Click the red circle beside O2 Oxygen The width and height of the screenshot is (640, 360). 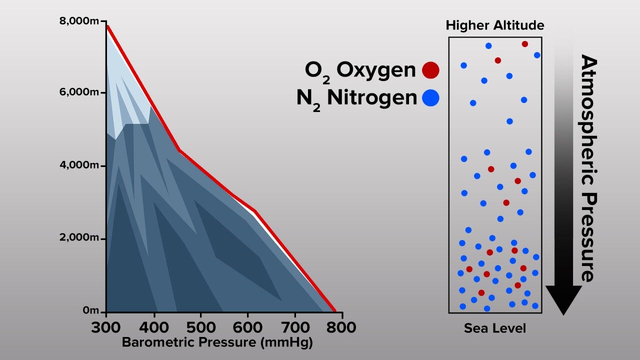430,70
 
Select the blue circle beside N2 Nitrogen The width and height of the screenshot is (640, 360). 430,97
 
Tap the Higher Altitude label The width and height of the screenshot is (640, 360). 495,25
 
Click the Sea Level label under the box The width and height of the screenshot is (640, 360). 495,328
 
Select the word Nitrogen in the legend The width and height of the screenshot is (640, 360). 372,97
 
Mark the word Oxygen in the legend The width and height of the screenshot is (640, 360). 376,70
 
